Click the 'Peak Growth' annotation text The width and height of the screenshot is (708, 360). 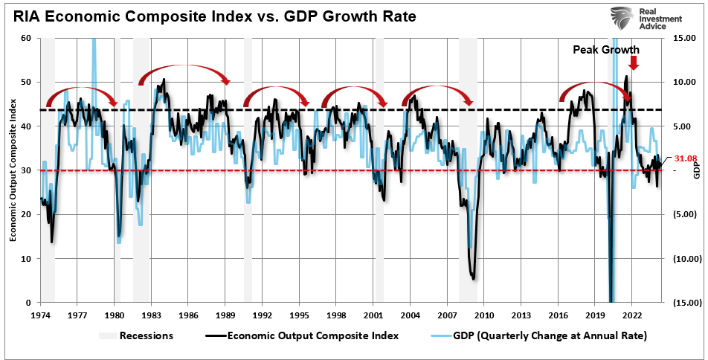coord(605,50)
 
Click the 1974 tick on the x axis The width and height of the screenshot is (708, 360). coord(41,315)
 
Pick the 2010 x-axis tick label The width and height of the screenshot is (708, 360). coord(484,315)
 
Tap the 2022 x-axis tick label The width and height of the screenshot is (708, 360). coord(632,315)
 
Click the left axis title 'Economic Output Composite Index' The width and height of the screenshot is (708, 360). coord(13,170)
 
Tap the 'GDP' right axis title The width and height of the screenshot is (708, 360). coord(697,170)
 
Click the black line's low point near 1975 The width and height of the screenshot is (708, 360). coord(51,241)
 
